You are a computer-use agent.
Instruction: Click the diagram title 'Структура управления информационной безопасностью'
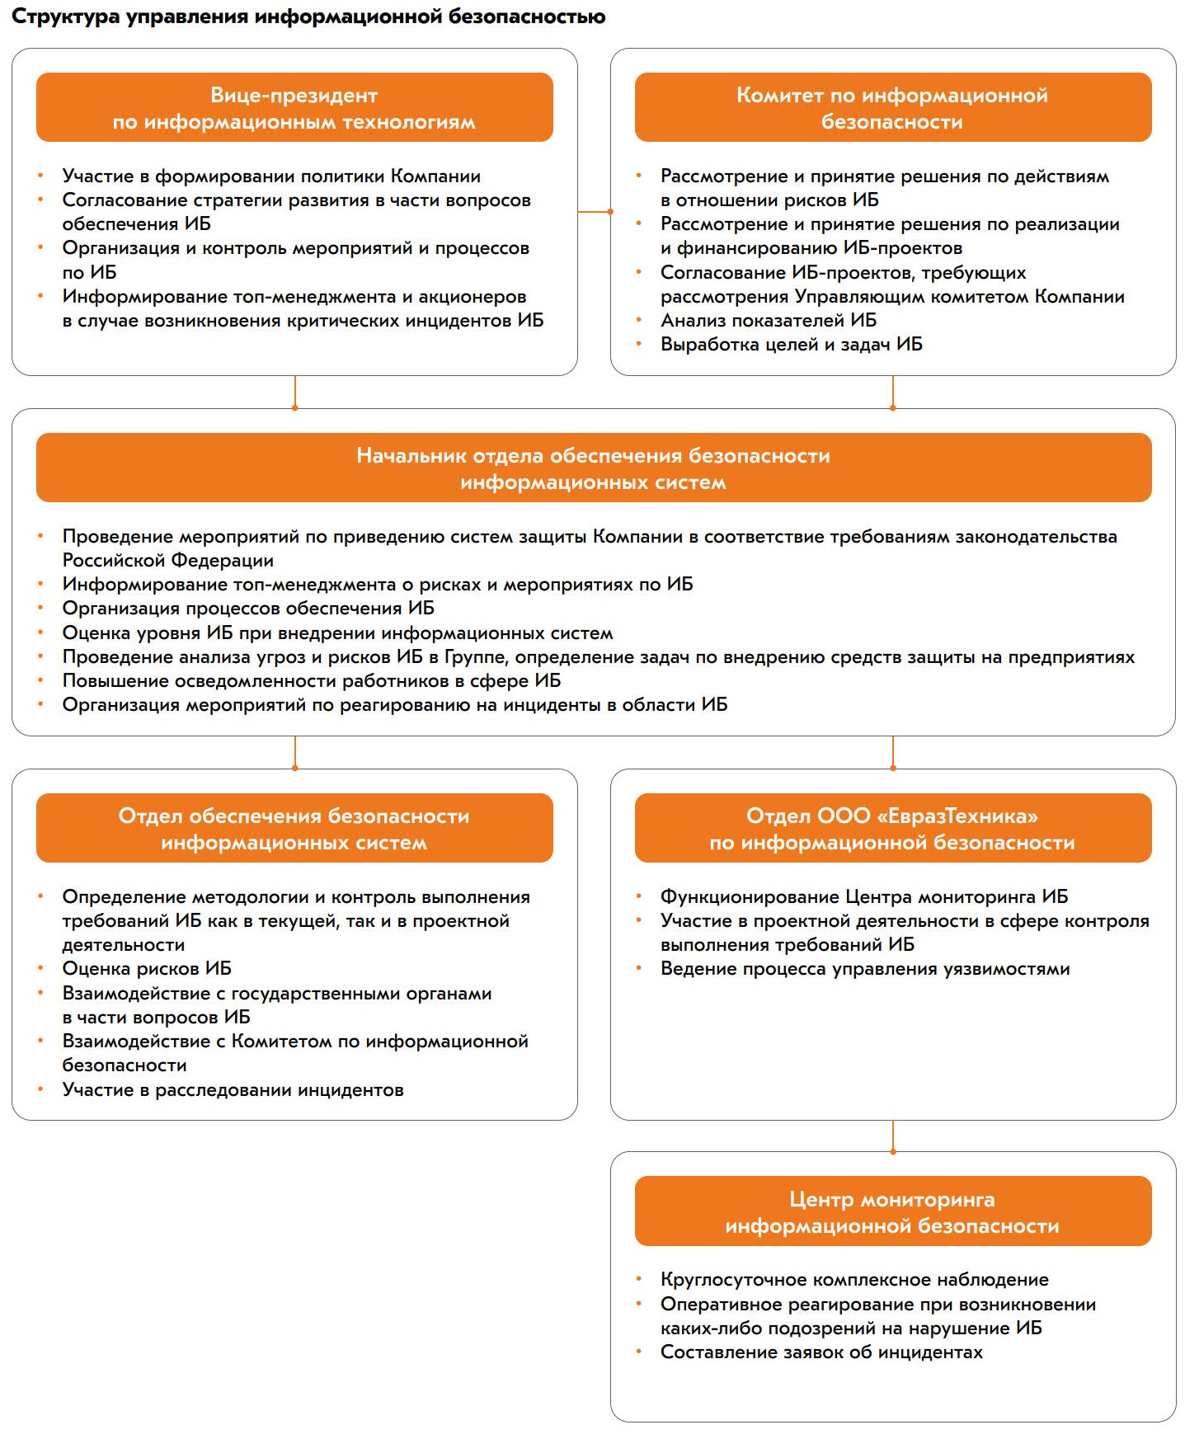click(308, 16)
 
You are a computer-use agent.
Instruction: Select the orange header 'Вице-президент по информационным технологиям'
click(294, 108)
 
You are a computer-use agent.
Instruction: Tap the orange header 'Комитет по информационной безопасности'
click(892, 108)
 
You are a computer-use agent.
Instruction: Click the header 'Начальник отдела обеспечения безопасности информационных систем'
click(593, 468)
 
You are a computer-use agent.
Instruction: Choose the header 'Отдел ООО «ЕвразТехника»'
click(892, 829)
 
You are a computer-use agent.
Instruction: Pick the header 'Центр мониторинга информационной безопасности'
click(892, 1211)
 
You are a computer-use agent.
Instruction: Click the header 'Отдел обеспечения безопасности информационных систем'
click(294, 829)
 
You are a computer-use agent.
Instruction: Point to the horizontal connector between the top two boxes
click(594, 212)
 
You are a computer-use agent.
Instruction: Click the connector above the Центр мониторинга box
click(893, 1136)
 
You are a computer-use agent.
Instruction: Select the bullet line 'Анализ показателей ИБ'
click(768, 321)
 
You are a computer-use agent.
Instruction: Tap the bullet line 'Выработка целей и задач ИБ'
click(791, 345)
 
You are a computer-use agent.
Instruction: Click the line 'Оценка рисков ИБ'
click(147, 969)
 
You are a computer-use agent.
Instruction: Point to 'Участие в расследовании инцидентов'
click(233, 1090)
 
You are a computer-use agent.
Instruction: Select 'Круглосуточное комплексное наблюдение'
click(854, 1280)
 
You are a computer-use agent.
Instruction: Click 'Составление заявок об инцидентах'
click(821, 1352)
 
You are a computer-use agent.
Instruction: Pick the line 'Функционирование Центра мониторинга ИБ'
click(863, 897)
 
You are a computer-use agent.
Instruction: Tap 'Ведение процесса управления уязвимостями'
click(865, 969)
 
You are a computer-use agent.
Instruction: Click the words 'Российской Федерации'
click(168, 561)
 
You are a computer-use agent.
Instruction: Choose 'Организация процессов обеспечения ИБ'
click(248, 609)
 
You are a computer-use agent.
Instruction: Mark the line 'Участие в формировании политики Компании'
click(271, 176)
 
